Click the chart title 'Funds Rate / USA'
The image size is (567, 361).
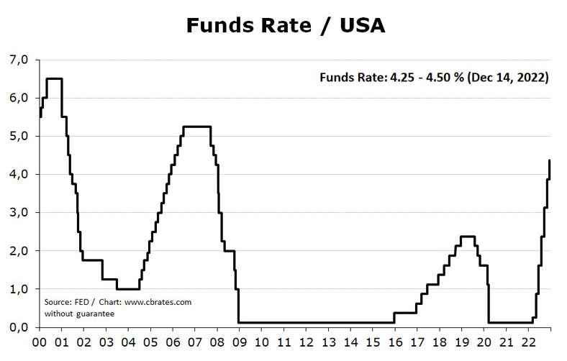tap(286, 26)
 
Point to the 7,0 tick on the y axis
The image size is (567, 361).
tap(19, 60)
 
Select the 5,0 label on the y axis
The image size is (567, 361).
tap(19, 136)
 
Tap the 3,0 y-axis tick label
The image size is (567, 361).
tap(19, 212)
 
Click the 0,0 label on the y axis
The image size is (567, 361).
tap(19, 327)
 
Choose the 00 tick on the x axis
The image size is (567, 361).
tap(40, 342)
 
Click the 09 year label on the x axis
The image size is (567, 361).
tap(240, 342)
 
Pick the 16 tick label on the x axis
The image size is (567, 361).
tap(395, 342)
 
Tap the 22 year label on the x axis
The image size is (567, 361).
tap(529, 342)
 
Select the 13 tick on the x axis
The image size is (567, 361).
tap(328, 342)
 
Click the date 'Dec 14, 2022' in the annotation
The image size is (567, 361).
tap(508, 78)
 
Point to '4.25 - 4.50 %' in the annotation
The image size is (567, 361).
tap(427, 78)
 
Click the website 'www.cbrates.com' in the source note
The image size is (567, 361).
tap(158, 302)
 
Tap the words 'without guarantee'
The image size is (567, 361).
tap(79, 314)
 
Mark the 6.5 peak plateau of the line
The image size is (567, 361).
tap(54, 79)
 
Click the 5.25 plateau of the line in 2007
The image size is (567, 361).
tap(196, 127)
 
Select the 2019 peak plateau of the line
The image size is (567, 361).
tap(468, 237)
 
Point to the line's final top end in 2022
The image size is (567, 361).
tap(550, 160)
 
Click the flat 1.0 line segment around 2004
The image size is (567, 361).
tap(127, 289)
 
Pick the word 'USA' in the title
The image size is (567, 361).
tap(363, 26)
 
